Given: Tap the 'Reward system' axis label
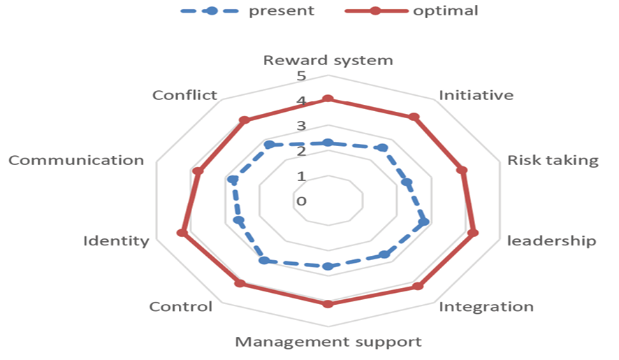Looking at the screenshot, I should tap(328, 60).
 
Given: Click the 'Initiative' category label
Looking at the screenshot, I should tap(476, 95).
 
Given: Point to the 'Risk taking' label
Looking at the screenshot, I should tap(553, 160).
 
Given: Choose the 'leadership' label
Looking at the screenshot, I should tap(551, 241).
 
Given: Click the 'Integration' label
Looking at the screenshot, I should tap(486, 306).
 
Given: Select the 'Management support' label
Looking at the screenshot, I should tap(328, 342).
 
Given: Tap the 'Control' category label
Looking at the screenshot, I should tap(181, 306).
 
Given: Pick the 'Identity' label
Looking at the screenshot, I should tap(116, 241).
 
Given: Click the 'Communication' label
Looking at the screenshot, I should tap(76, 160).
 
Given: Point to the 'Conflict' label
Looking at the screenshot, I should tap(185, 95).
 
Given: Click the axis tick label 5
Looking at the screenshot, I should tap(301, 75).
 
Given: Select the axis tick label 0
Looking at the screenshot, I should tap(301, 201).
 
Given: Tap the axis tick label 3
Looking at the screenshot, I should tap(301, 126).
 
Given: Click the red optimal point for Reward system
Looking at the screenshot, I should tap(328, 99).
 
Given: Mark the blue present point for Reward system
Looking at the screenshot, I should tap(328, 143).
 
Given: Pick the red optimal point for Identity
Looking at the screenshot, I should tap(182, 233).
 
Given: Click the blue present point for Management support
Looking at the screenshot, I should tap(328, 266).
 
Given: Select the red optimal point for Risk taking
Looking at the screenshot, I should tap(462, 170).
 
